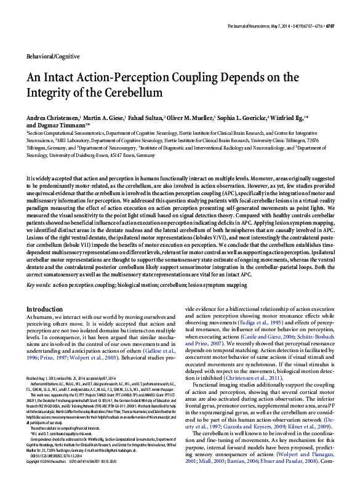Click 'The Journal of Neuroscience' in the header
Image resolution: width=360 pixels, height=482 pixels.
coord(254,26)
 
